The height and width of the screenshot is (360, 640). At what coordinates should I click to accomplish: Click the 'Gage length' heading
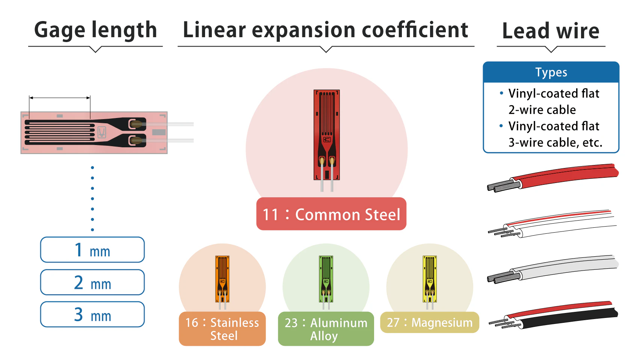click(95, 30)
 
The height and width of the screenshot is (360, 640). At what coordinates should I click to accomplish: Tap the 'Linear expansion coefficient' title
click(325, 30)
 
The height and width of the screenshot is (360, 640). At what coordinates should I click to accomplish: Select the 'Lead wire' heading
click(551, 31)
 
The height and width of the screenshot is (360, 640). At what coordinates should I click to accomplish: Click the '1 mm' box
click(92, 250)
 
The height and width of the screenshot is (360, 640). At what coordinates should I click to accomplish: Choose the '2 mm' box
click(92, 282)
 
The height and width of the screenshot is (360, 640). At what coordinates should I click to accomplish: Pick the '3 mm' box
click(92, 315)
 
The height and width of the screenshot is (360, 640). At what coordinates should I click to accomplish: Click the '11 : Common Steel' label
click(331, 214)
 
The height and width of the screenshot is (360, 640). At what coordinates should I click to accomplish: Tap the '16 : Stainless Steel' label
click(222, 329)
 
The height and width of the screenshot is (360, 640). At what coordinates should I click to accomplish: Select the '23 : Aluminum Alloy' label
click(326, 329)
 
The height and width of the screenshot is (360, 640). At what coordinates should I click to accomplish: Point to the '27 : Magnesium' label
click(430, 322)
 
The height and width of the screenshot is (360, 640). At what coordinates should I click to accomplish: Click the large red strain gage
click(327, 135)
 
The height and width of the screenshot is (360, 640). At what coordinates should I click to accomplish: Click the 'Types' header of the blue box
click(551, 72)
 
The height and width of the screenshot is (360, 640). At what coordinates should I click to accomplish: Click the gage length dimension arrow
click(60, 98)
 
